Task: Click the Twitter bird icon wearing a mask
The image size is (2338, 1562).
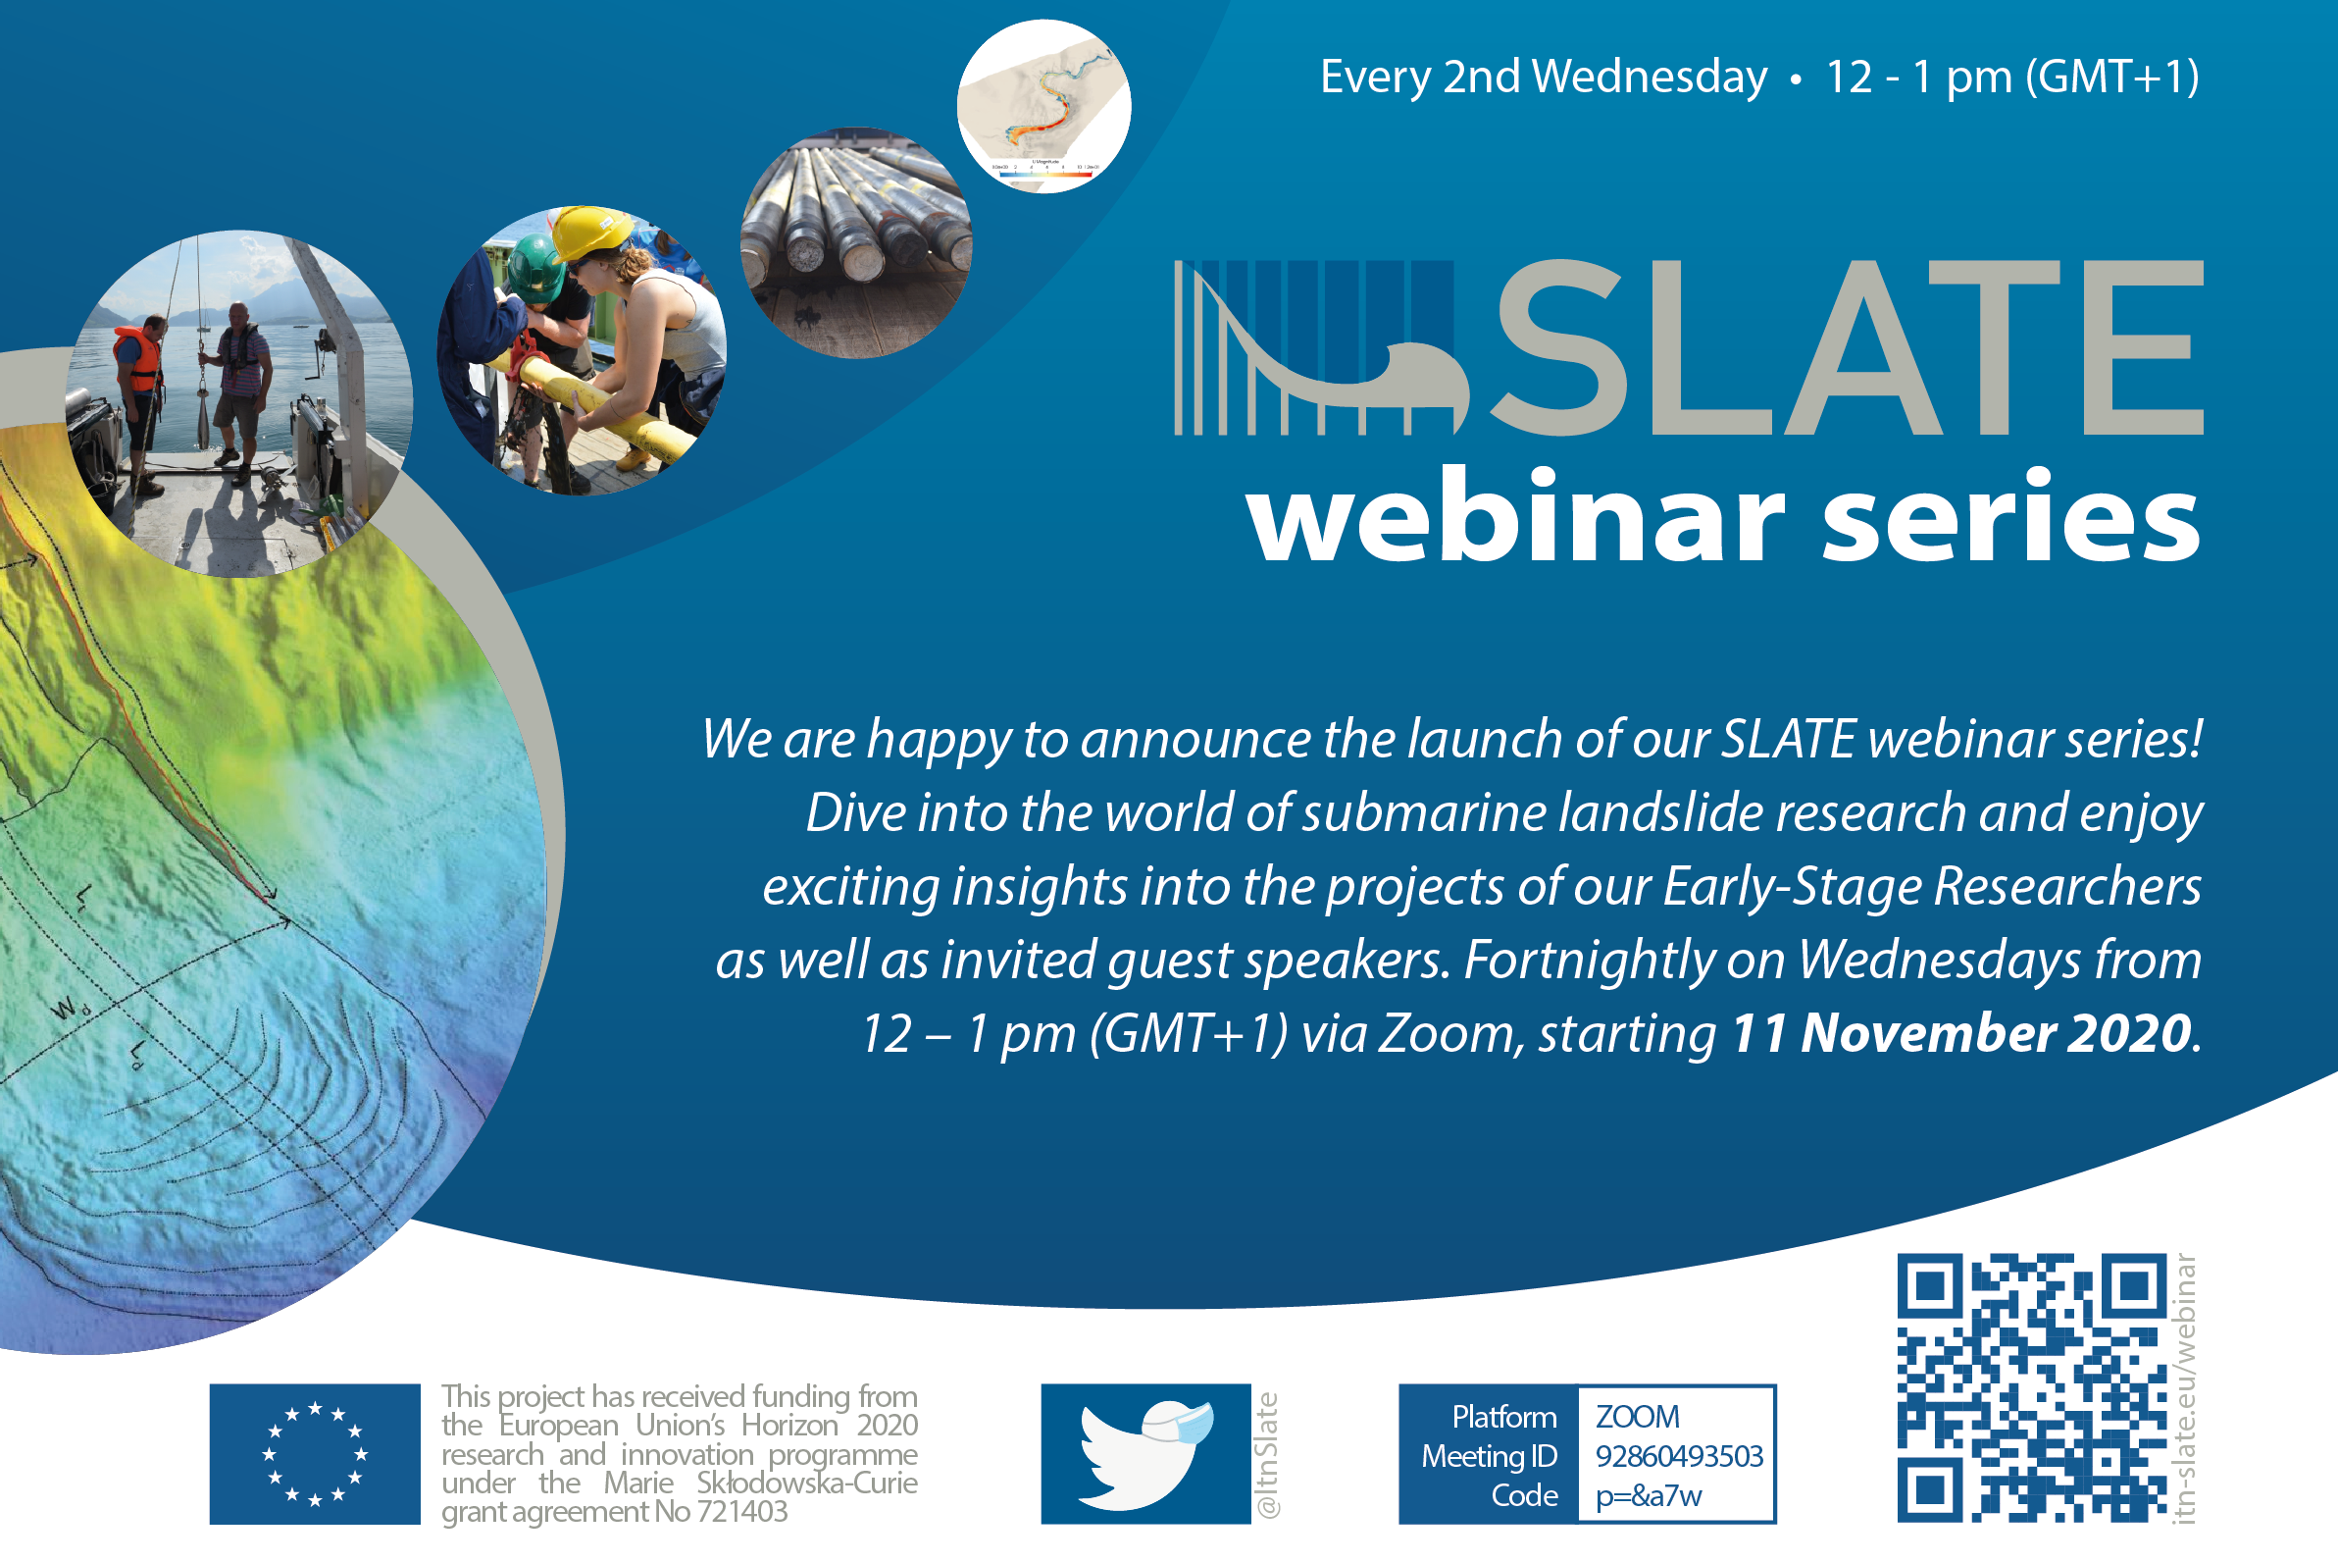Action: coord(1145,1453)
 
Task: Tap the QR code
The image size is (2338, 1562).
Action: coord(2032,1387)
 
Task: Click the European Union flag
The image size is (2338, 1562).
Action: coord(315,1453)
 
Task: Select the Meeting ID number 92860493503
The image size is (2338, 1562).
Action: coord(1679,1456)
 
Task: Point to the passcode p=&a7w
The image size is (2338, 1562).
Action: coord(1648,1496)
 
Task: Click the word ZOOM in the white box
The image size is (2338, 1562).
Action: coord(1637,1417)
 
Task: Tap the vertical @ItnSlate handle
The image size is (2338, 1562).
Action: coord(1268,1454)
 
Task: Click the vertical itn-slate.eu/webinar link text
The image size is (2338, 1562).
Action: coord(2185,1388)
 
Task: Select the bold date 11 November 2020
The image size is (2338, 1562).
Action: coord(1961,1033)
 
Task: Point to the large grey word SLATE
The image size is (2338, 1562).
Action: coord(1846,347)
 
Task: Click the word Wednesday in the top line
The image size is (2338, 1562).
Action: coord(1650,77)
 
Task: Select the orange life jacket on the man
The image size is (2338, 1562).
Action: coord(137,360)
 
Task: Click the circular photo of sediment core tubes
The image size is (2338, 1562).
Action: coord(856,242)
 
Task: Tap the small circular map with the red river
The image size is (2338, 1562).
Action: coord(1043,107)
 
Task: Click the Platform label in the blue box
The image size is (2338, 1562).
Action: coord(1503,1417)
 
